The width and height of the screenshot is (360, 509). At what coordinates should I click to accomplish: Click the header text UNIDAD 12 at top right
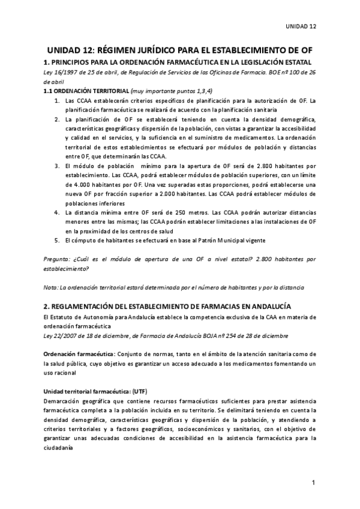[x=300, y=26]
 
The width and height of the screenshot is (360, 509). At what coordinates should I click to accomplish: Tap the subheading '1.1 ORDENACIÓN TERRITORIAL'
[x=82, y=91]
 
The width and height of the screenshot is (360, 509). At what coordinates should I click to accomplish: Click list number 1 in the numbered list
[x=57, y=101]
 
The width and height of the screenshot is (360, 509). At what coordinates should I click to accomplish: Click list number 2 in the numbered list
[x=57, y=119]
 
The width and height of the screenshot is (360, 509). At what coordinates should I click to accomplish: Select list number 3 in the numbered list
[x=57, y=166]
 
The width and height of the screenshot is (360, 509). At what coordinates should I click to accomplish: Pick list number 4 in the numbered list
[x=57, y=212]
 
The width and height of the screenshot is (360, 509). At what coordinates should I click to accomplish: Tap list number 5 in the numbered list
[x=57, y=240]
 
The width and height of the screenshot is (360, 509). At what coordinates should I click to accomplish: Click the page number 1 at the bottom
[x=314, y=483]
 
